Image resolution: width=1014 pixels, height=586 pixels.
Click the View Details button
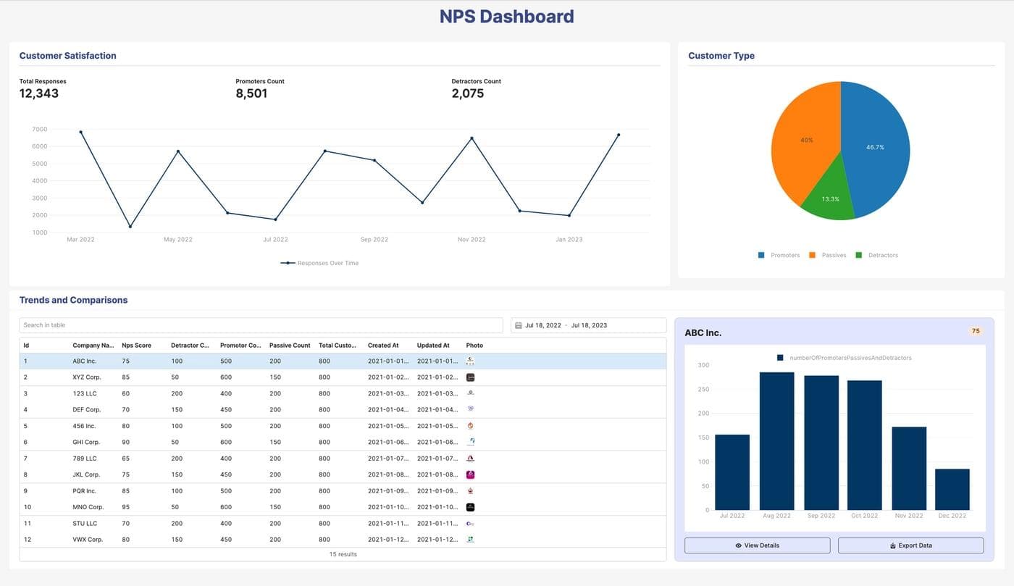(x=757, y=545)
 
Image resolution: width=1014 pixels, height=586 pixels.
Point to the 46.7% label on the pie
(x=875, y=147)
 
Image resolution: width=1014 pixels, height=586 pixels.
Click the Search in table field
(x=261, y=325)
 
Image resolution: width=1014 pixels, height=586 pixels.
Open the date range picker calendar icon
(x=518, y=326)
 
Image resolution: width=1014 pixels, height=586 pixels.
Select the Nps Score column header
(x=137, y=346)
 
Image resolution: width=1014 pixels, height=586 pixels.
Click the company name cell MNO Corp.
(x=88, y=507)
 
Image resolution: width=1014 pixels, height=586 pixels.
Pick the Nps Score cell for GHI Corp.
(x=126, y=442)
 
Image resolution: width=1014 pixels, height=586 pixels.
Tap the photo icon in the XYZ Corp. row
(x=470, y=377)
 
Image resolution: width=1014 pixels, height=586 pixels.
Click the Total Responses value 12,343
(x=39, y=93)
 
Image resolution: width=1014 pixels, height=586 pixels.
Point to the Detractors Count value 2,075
(x=468, y=93)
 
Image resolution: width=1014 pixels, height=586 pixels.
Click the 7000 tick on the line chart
(x=40, y=130)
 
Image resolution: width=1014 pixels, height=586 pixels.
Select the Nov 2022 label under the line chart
(x=472, y=239)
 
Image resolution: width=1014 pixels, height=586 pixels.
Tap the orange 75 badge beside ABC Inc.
(x=975, y=331)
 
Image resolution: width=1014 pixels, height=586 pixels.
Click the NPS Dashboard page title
(x=506, y=17)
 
